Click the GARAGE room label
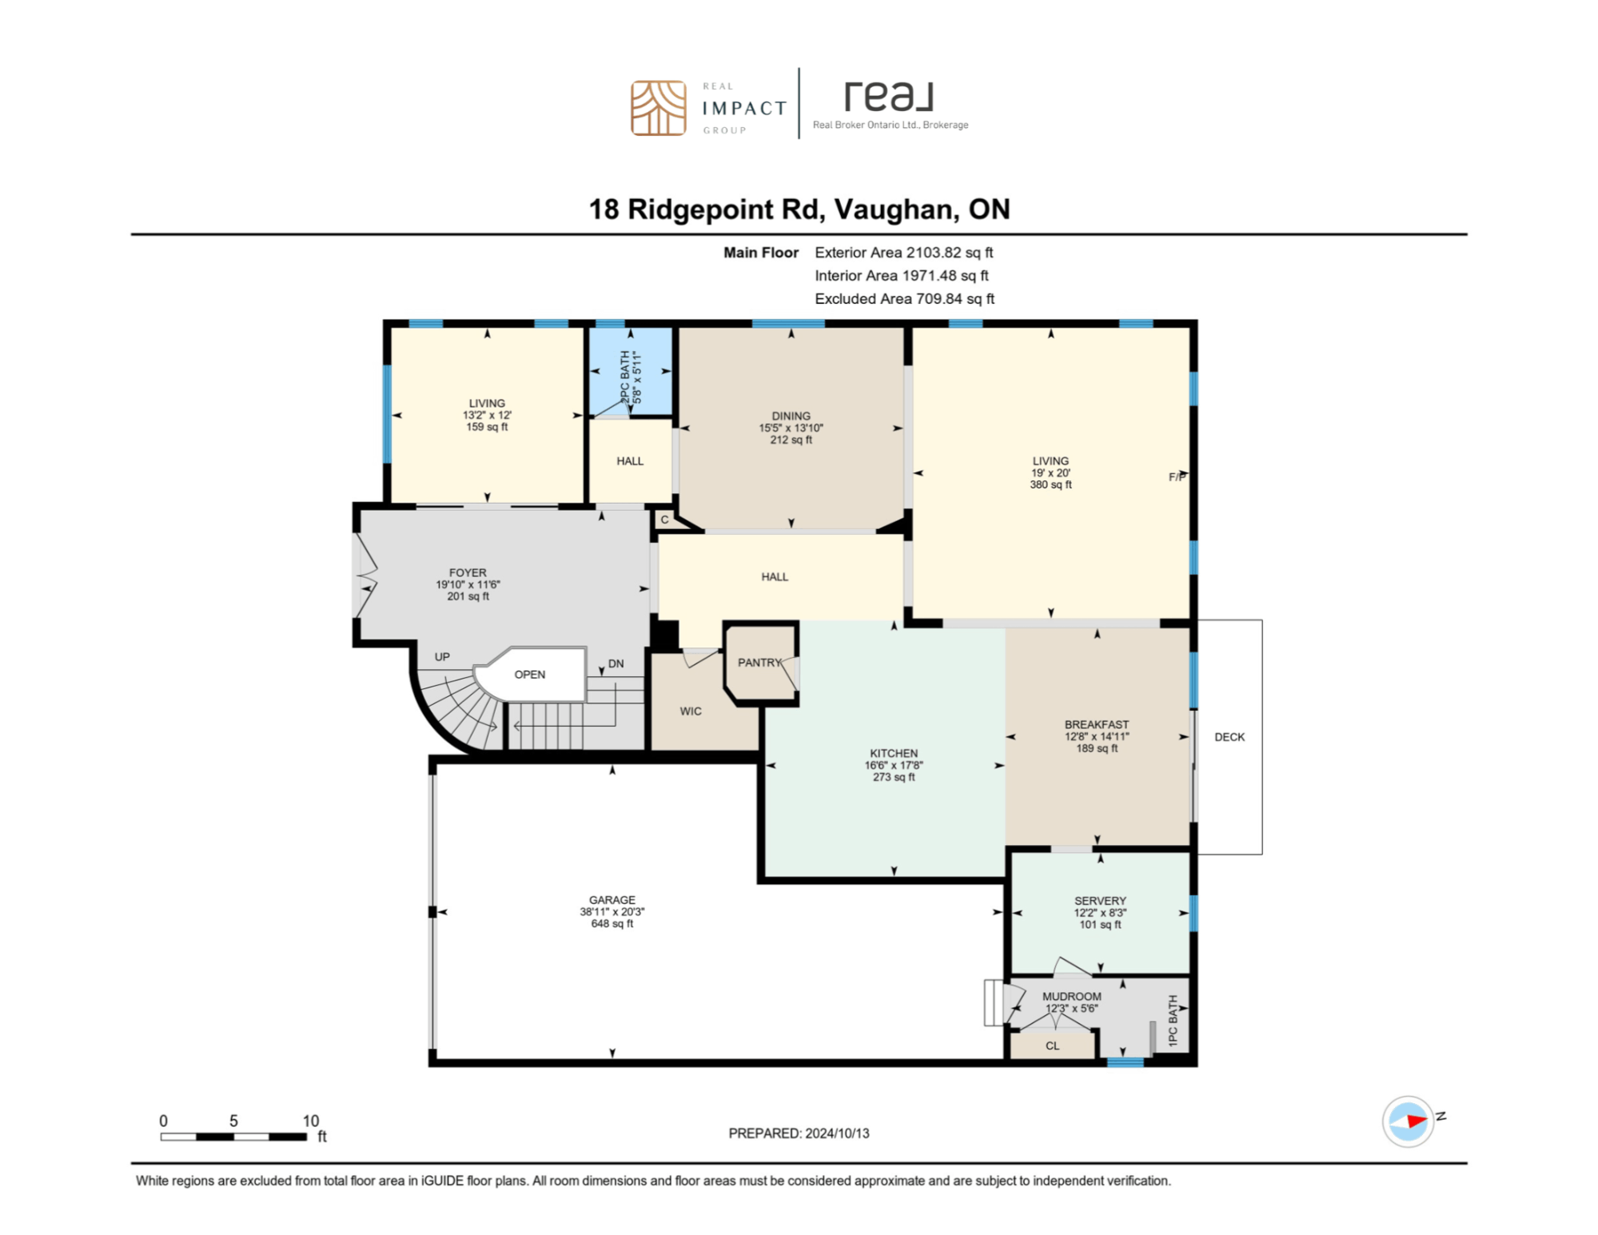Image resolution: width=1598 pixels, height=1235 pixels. [612, 899]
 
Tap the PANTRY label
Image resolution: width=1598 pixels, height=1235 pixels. [759, 662]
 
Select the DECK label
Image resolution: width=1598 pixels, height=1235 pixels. [1229, 736]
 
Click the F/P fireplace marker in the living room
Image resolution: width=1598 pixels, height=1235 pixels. [1177, 476]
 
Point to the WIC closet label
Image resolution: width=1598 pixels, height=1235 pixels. [690, 711]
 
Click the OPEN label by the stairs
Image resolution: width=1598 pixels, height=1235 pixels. [529, 674]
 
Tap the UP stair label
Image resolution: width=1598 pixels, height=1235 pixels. [441, 656]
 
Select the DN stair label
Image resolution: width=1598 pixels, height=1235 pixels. [616, 663]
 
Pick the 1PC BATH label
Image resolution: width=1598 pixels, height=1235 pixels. [1172, 1020]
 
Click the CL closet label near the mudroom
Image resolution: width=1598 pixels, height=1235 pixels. [1052, 1045]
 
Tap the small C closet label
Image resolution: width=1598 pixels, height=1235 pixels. [664, 519]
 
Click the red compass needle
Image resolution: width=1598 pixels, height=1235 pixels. [1416, 1120]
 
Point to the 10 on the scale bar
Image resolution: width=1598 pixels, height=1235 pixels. [310, 1120]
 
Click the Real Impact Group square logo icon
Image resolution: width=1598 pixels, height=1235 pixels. [658, 108]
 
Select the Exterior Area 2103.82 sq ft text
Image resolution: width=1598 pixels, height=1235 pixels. [903, 252]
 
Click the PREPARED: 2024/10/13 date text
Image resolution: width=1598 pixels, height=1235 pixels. [798, 1133]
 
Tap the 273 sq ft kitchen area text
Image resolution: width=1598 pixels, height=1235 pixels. [893, 776]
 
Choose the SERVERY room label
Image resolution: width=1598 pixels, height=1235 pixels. [1099, 900]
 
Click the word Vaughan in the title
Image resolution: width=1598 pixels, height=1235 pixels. [894, 209]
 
